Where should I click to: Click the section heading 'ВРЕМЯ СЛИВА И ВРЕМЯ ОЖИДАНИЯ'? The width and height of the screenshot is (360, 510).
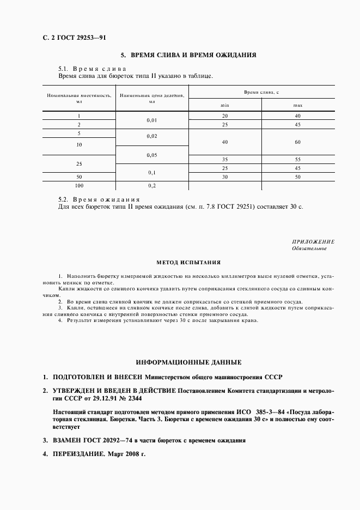point(188,55)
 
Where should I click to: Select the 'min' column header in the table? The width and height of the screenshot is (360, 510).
point(225,105)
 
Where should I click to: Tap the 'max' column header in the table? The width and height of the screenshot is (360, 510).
point(298,105)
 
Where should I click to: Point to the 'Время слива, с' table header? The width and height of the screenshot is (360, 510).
point(261,93)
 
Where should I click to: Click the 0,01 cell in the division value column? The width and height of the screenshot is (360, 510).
point(151,120)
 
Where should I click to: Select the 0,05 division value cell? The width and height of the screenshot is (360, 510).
point(151,155)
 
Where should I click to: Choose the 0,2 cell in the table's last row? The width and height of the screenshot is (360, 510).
point(151,185)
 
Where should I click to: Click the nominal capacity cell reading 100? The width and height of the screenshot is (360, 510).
point(79,185)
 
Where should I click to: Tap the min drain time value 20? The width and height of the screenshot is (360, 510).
point(225,116)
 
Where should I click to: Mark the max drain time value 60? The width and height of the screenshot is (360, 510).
point(298,142)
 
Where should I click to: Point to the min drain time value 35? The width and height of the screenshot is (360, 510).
point(225,159)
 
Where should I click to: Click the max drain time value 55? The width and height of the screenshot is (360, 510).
point(298,159)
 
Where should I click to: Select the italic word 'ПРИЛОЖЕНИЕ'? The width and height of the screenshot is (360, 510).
point(313,241)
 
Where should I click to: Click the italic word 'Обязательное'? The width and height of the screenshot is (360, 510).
point(309,248)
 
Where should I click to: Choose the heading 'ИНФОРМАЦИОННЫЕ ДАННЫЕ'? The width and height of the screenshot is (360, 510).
point(188,361)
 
